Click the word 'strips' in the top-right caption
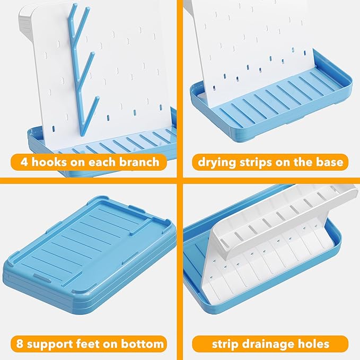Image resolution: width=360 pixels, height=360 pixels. click(258, 162)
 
